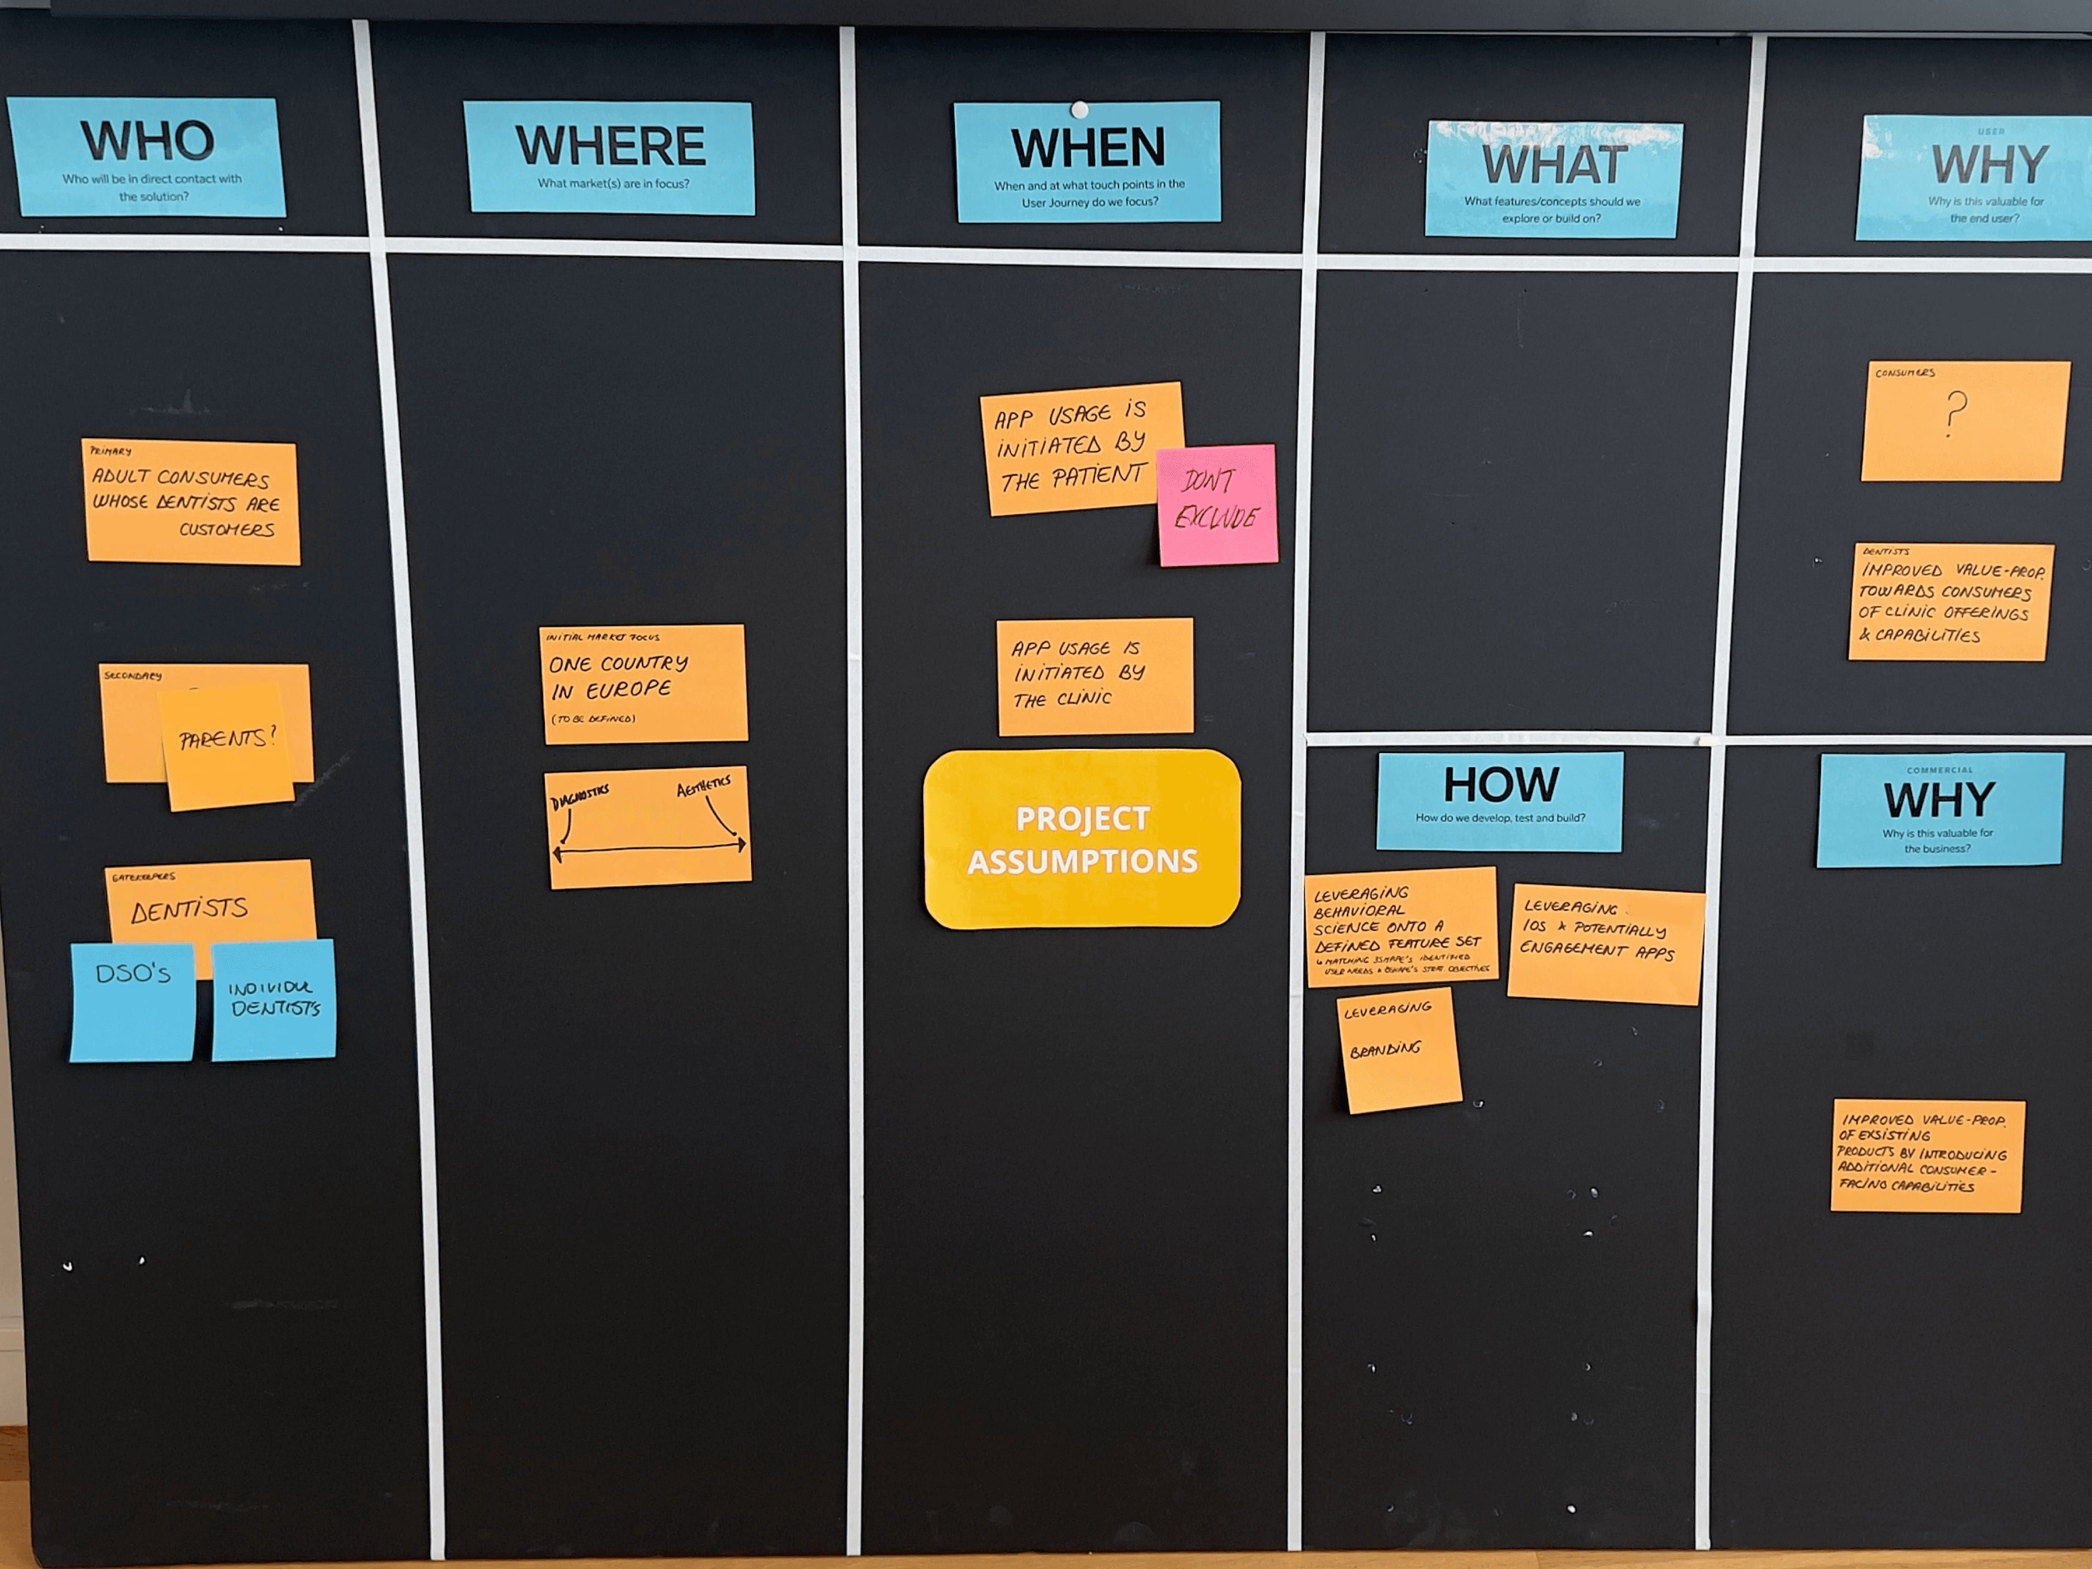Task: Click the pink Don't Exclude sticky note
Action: click(1217, 505)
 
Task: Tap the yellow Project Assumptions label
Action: click(1082, 839)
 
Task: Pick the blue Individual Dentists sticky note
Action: click(274, 999)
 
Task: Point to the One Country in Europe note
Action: click(644, 683)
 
